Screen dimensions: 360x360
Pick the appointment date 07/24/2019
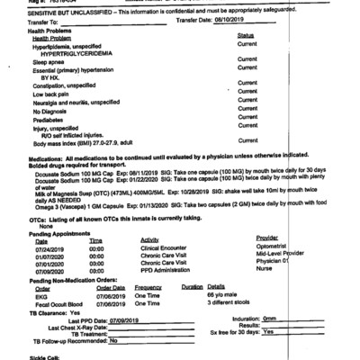50,248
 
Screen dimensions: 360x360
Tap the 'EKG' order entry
40,295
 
